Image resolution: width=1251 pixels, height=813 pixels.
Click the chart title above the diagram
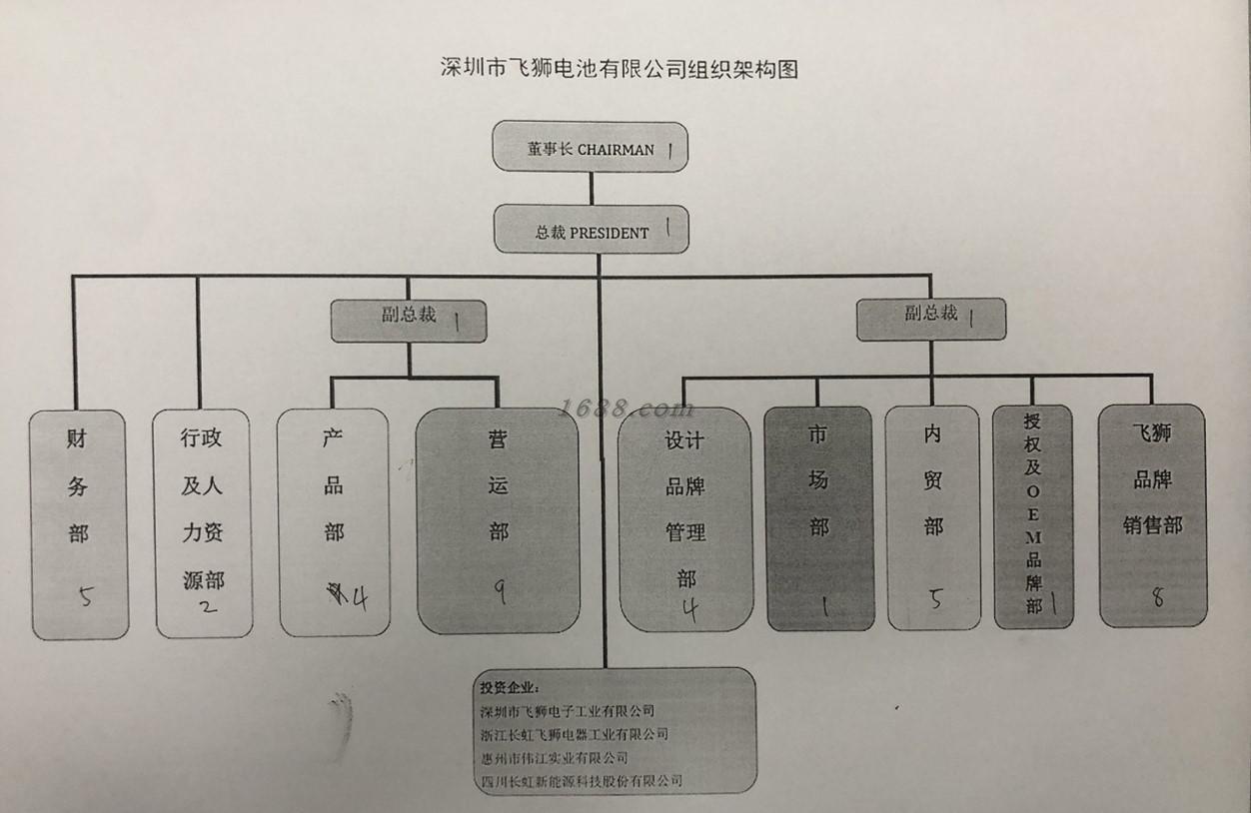click(620, 69)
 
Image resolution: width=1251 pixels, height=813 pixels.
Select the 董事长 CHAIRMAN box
click(591, 147)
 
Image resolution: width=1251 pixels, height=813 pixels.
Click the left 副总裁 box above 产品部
click(409, 320)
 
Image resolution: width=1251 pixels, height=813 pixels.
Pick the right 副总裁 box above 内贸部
click(931, 318)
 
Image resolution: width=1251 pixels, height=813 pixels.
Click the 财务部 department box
click(79, 524)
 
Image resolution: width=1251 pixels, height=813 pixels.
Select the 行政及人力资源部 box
click(203, 522)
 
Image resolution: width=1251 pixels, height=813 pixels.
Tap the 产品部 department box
click(333, 521)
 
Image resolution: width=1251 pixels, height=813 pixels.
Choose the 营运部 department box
click(498, 519)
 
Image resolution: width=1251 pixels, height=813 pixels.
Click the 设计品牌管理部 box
click(685, 519)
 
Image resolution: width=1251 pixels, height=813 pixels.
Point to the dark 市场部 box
click(819, 517)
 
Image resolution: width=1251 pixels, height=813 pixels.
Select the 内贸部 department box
click(933, 517)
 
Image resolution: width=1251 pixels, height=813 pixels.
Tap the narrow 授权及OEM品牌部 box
click(1033, 516)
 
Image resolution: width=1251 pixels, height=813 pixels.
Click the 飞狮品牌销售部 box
click(1152, 514)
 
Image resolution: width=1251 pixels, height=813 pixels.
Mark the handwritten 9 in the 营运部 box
click(499, 591)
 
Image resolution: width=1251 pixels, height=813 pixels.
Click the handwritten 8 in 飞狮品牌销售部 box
click(1158, 597)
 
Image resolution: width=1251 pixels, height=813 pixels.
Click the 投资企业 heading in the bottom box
click(509, 687)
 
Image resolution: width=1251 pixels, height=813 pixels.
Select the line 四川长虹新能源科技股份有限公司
click(581, 780)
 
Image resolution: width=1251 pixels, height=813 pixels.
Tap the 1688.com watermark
click(626, 408)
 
